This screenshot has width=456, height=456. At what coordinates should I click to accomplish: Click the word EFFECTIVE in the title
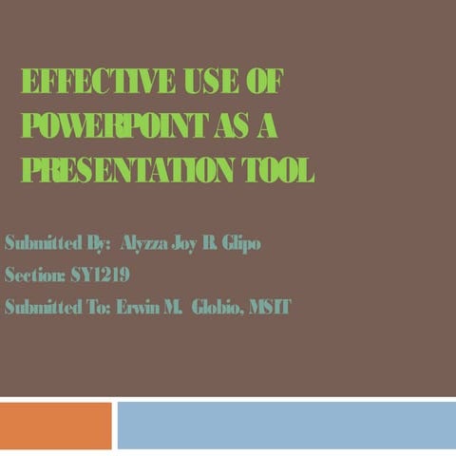click(x=91, y=83)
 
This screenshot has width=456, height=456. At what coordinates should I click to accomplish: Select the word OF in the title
click(x=263, y=83)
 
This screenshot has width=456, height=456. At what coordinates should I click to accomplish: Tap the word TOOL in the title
click(x=277, y=170)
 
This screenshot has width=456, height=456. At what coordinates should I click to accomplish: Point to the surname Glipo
click(x=237, y=243)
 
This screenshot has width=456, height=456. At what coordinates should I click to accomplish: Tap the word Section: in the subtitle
click(x=34, y=275)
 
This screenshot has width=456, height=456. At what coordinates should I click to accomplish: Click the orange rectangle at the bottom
click(x=56, y=425)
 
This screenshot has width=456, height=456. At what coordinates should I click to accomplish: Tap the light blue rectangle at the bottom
click(x=286, y=425)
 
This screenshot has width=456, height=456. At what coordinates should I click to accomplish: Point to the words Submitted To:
click(x=57, y=307)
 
